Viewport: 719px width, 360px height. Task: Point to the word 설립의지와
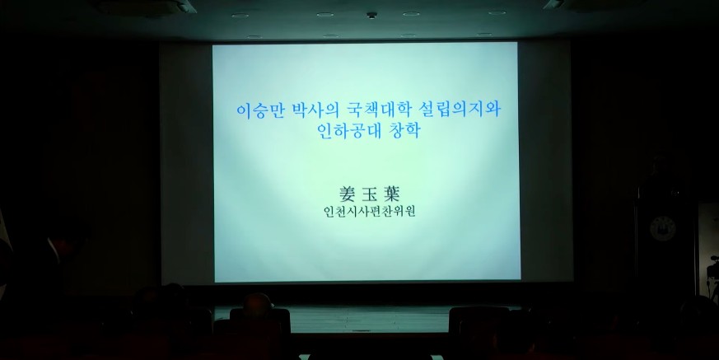460,110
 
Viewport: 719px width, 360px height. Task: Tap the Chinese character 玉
369,194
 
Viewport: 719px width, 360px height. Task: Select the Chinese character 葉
391,194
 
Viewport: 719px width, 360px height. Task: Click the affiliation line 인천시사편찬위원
369,212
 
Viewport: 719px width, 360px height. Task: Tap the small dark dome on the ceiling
372,15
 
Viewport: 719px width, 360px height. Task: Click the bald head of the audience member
257,302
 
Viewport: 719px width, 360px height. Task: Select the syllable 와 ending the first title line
493,110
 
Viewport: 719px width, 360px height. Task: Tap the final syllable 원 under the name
410,212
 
